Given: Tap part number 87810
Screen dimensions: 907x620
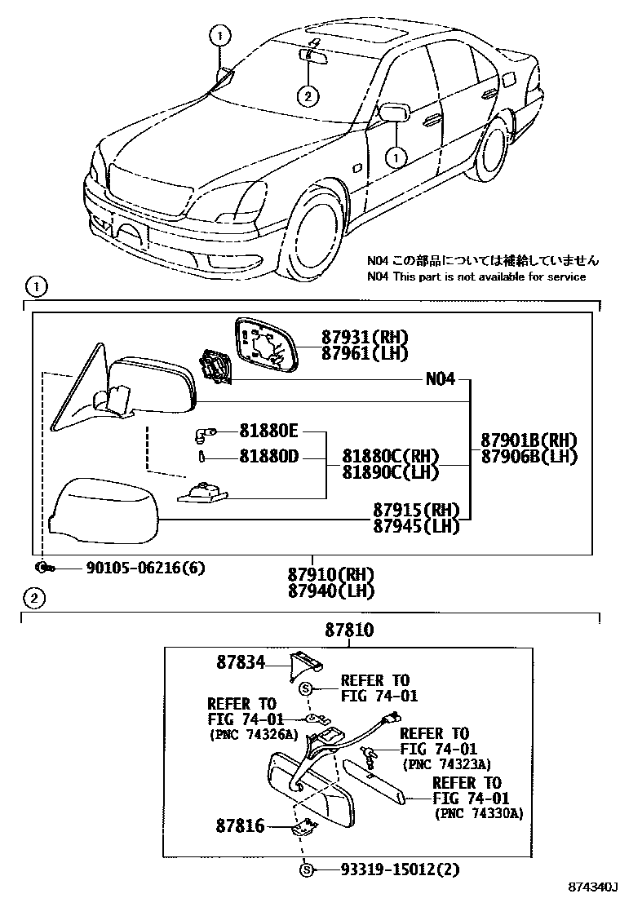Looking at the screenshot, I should point(349,630).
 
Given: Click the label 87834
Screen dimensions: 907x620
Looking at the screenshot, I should point(241,663).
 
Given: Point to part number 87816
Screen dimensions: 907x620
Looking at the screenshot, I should point(241,826).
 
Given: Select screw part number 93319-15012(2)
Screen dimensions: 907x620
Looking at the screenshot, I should point(389,869).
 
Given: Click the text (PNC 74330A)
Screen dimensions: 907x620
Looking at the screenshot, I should point(479,813).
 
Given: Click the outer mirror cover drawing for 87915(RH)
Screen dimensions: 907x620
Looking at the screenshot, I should point(101,511).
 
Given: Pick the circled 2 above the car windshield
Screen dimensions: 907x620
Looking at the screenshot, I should point(308,95).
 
